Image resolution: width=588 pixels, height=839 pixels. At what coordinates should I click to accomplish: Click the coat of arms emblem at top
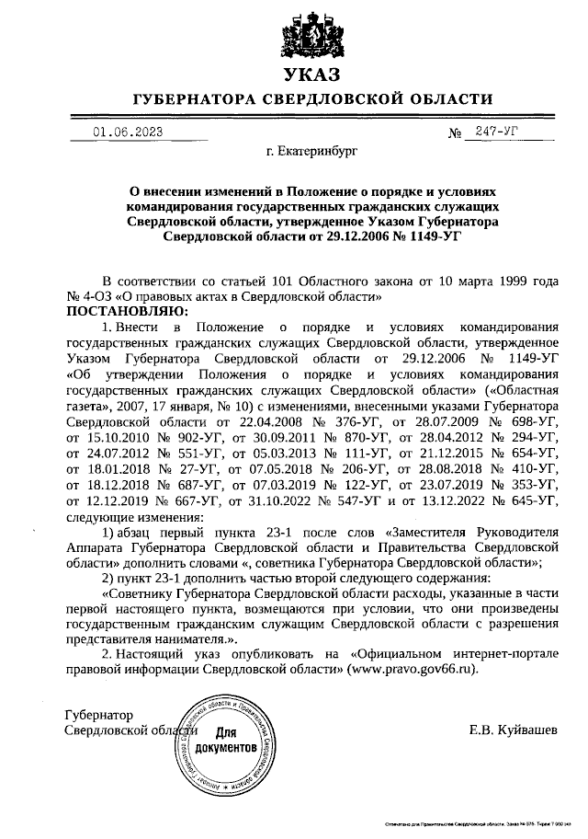(x=311, y=33)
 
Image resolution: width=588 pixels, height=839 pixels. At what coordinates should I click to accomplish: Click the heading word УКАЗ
(x=311, y=74)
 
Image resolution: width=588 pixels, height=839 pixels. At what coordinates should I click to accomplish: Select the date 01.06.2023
(x=128, y=132)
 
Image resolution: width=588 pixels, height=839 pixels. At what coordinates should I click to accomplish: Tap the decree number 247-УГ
(x=492, y=132)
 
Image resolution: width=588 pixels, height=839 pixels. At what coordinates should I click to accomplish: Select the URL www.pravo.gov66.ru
(x=411, y=669)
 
